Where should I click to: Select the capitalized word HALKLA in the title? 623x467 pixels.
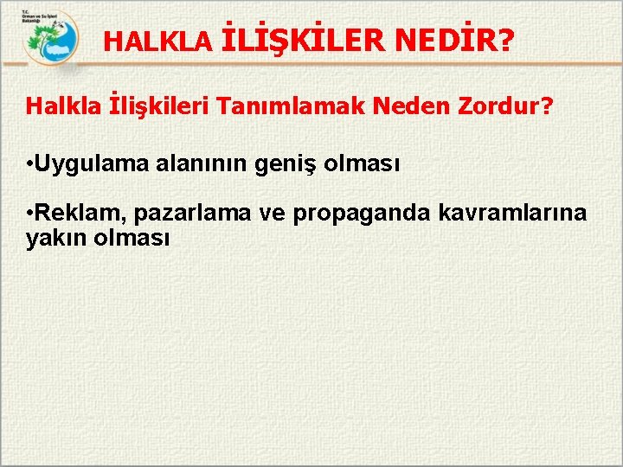(x=157, y=42)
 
